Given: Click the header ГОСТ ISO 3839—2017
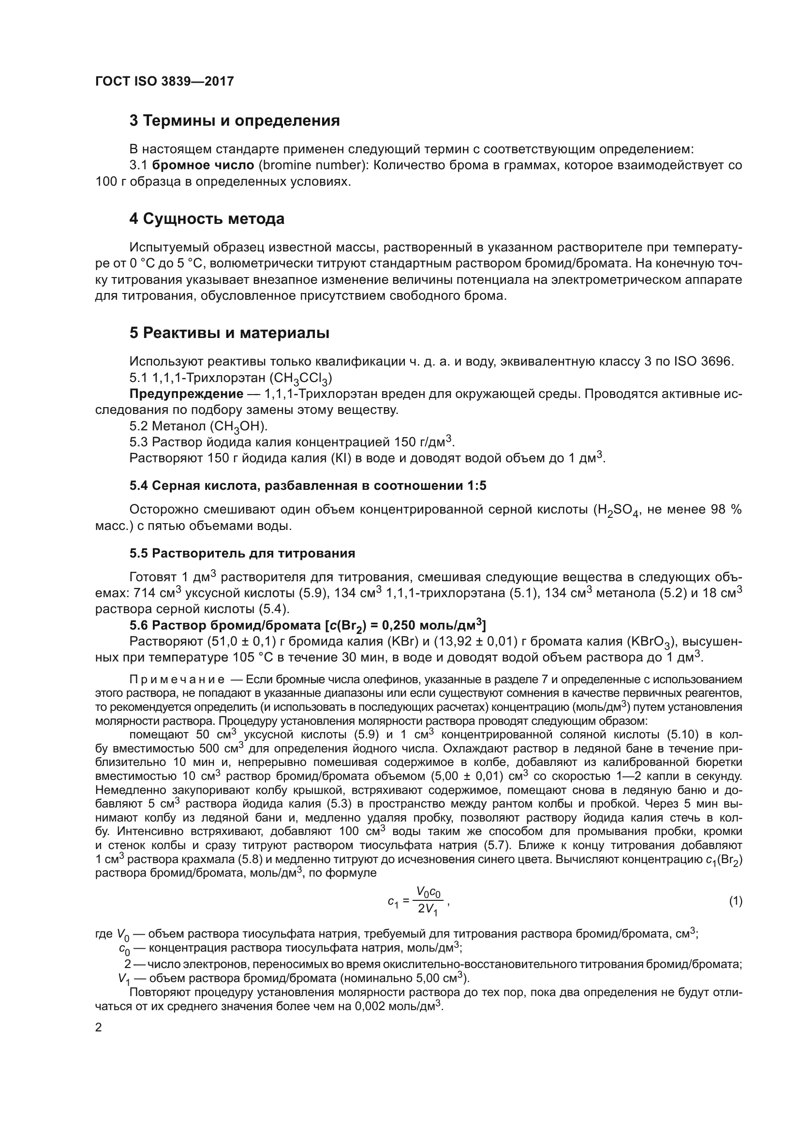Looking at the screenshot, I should (x=164, y=81).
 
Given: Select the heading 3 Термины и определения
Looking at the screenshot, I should (x=235, y=121).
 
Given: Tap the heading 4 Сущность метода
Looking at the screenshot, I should (x=207, y=219).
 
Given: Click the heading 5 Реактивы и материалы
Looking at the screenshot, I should (x=229, y=333).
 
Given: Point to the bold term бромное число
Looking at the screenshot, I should (x=204, y=165).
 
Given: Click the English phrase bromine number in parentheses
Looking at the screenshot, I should (x=312, y=165).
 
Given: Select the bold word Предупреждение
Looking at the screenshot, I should (x=186, y=394).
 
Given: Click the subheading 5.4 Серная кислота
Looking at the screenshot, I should (x=308, y=485).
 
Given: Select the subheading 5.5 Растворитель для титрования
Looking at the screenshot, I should (x=242, y=553).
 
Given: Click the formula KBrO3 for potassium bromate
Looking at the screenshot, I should (x=653, y=642).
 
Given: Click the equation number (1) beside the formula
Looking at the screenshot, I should (x=736, y=901).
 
